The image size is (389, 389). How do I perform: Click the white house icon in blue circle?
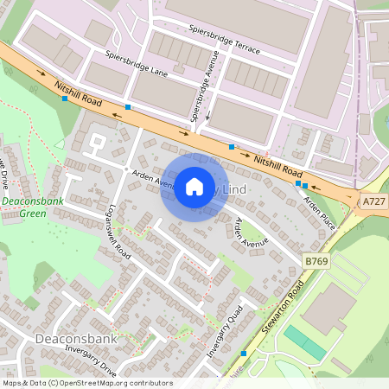pyautogui.click(x=194, y=187)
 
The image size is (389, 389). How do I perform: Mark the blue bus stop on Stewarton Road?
pyautogui.click(x=245, y=353)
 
